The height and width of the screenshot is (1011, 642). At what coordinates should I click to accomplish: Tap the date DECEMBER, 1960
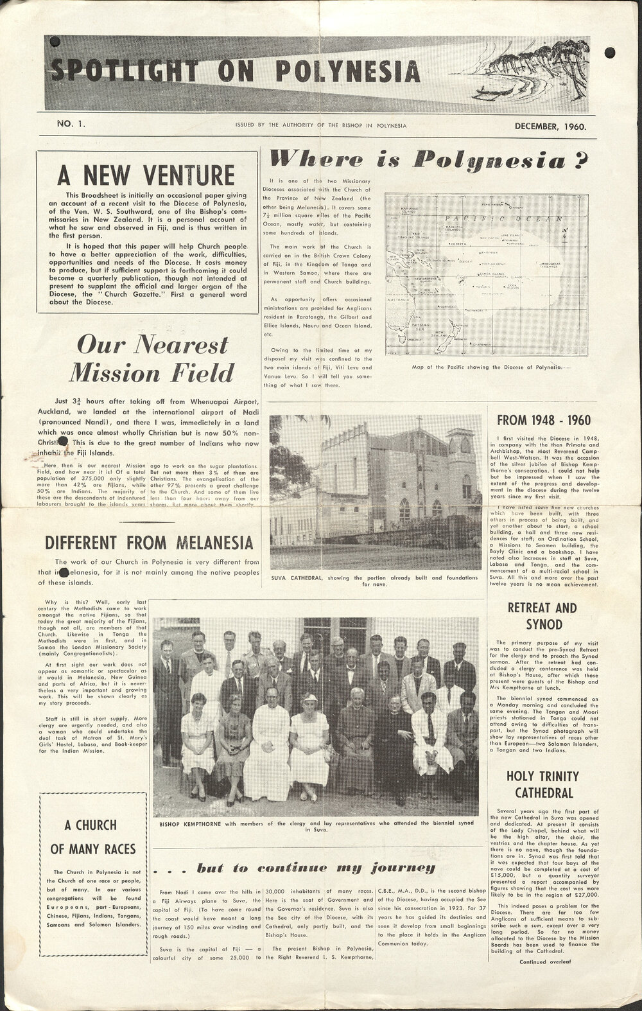click(x=551, y=126)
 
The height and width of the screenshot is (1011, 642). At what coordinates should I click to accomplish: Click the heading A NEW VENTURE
click(x=146, y=174)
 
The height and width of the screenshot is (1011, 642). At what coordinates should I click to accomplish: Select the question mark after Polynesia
click(x=581, y=158)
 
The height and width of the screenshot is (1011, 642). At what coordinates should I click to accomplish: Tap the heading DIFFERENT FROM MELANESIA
click(x=149, y=542)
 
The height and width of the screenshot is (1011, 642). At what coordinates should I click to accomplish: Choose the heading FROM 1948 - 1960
click(x=544, y=421)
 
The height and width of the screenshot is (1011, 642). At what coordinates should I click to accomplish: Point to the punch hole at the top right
click(x=610, y=52)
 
